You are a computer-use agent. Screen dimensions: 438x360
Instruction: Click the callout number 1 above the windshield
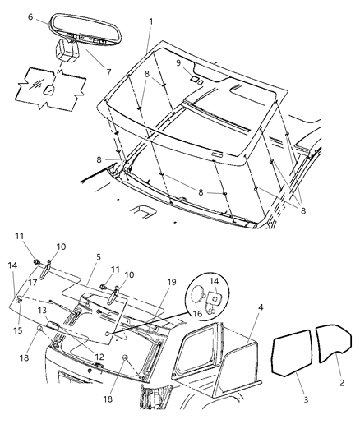(150, 19)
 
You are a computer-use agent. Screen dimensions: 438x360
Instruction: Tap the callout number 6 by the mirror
(30, 16)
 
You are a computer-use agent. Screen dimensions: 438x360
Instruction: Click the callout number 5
(99, 256)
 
